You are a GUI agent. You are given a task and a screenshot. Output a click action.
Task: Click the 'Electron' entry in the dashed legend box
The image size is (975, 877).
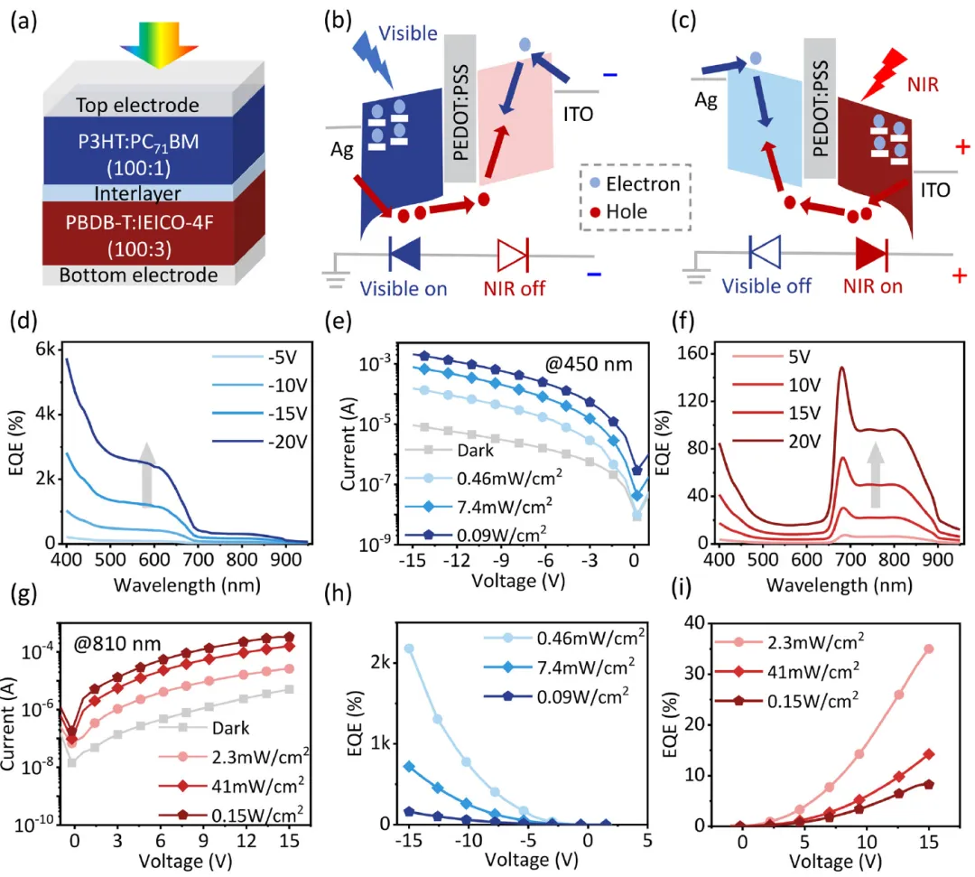coord(643,183)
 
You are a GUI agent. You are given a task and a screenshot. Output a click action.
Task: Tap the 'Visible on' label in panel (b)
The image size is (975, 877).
coord(404,288)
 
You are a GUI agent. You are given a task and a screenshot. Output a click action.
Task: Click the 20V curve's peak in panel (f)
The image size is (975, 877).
coord(842,369)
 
